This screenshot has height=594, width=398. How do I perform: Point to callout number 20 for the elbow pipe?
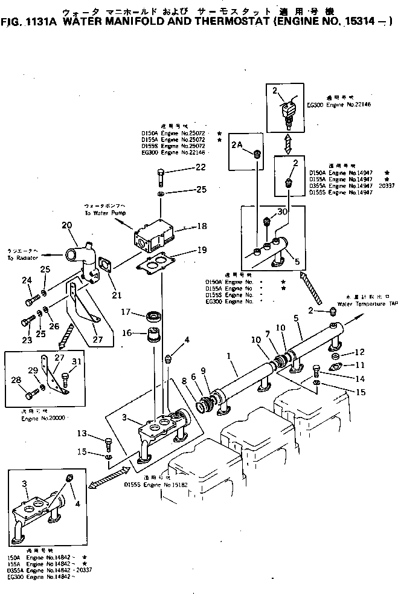click(66, 225)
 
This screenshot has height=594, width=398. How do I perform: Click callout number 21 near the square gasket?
click(117, 295)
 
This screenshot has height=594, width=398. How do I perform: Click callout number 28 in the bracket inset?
click(16, 379)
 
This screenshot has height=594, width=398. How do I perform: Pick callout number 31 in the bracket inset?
click(75, 362)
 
